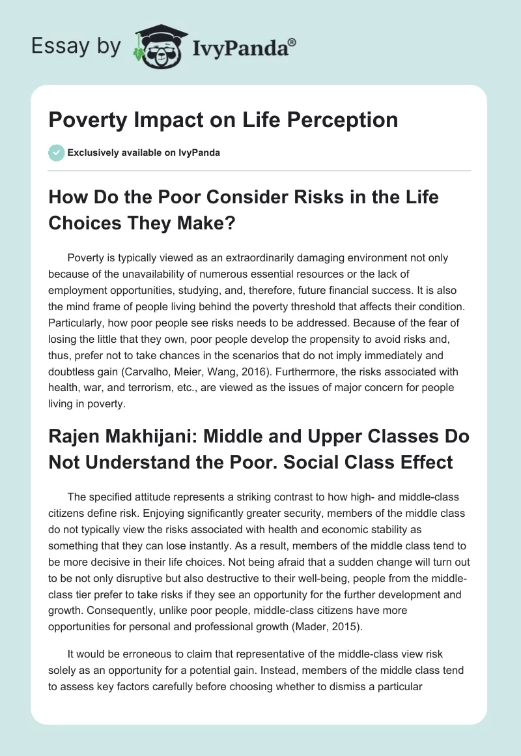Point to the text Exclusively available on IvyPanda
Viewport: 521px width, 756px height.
pos(144,153)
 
